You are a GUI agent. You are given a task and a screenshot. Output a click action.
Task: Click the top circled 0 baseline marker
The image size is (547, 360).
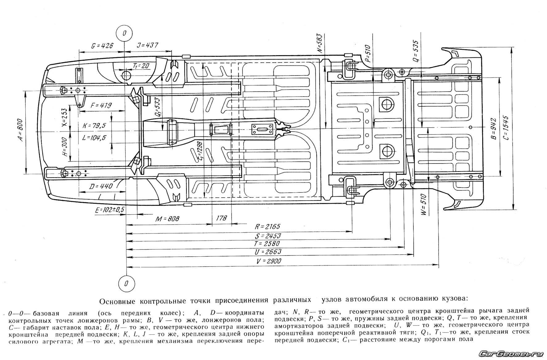(124, 33)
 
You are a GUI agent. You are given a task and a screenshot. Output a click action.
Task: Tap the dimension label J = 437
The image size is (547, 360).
(147, 45)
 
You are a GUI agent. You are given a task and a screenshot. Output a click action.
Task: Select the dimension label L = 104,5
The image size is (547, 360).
(94, 138)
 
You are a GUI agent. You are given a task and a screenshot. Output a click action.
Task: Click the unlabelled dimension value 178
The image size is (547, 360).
(221, 218)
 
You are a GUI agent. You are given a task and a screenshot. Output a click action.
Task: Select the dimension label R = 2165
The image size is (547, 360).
(268, 227)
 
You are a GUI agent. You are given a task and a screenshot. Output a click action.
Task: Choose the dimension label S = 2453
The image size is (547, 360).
(268, 236)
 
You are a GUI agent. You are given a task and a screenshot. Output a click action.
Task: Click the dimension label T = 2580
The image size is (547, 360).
(267, 244)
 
